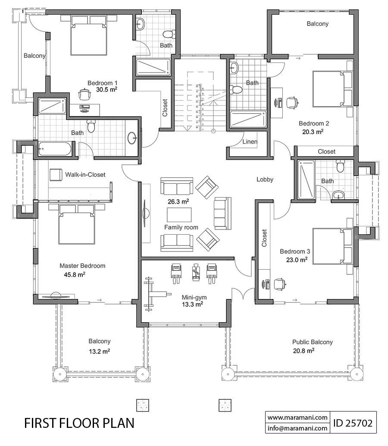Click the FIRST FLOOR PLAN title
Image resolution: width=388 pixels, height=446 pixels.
pyautogui.click(x=79, y=423)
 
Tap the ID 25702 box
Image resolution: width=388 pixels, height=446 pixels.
pyautogui.click(x=353, y=423)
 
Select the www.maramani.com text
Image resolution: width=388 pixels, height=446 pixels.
pyautogui.click(x=297, y=417)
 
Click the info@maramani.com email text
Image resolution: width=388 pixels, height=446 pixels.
pyautogui.click(x=297, y=428)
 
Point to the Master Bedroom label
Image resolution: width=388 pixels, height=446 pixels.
pyautogui.click(x=82, y=266)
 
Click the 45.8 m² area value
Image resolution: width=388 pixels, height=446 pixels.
pyautogui.click(x=75, y=274)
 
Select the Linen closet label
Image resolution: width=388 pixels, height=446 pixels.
pyautogui.click(x=250, y=141)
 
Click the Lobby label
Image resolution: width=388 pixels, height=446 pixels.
pyautogui.click(x=265, y=179)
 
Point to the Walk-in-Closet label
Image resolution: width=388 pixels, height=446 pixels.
pyautogui.click(x=85, y=175)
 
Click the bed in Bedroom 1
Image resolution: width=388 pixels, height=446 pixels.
pyautogui.click(x=88, y=36)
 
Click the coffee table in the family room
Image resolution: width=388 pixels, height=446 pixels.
pyautogui.click(x=179, y=214)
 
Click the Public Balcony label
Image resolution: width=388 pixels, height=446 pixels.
pyautogui.click(x=312, y=342)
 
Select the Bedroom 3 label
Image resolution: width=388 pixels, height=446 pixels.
pyautogui.click(x=295, y=251)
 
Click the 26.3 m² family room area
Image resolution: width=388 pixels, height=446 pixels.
pyautogui.click(x=178, y=201)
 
